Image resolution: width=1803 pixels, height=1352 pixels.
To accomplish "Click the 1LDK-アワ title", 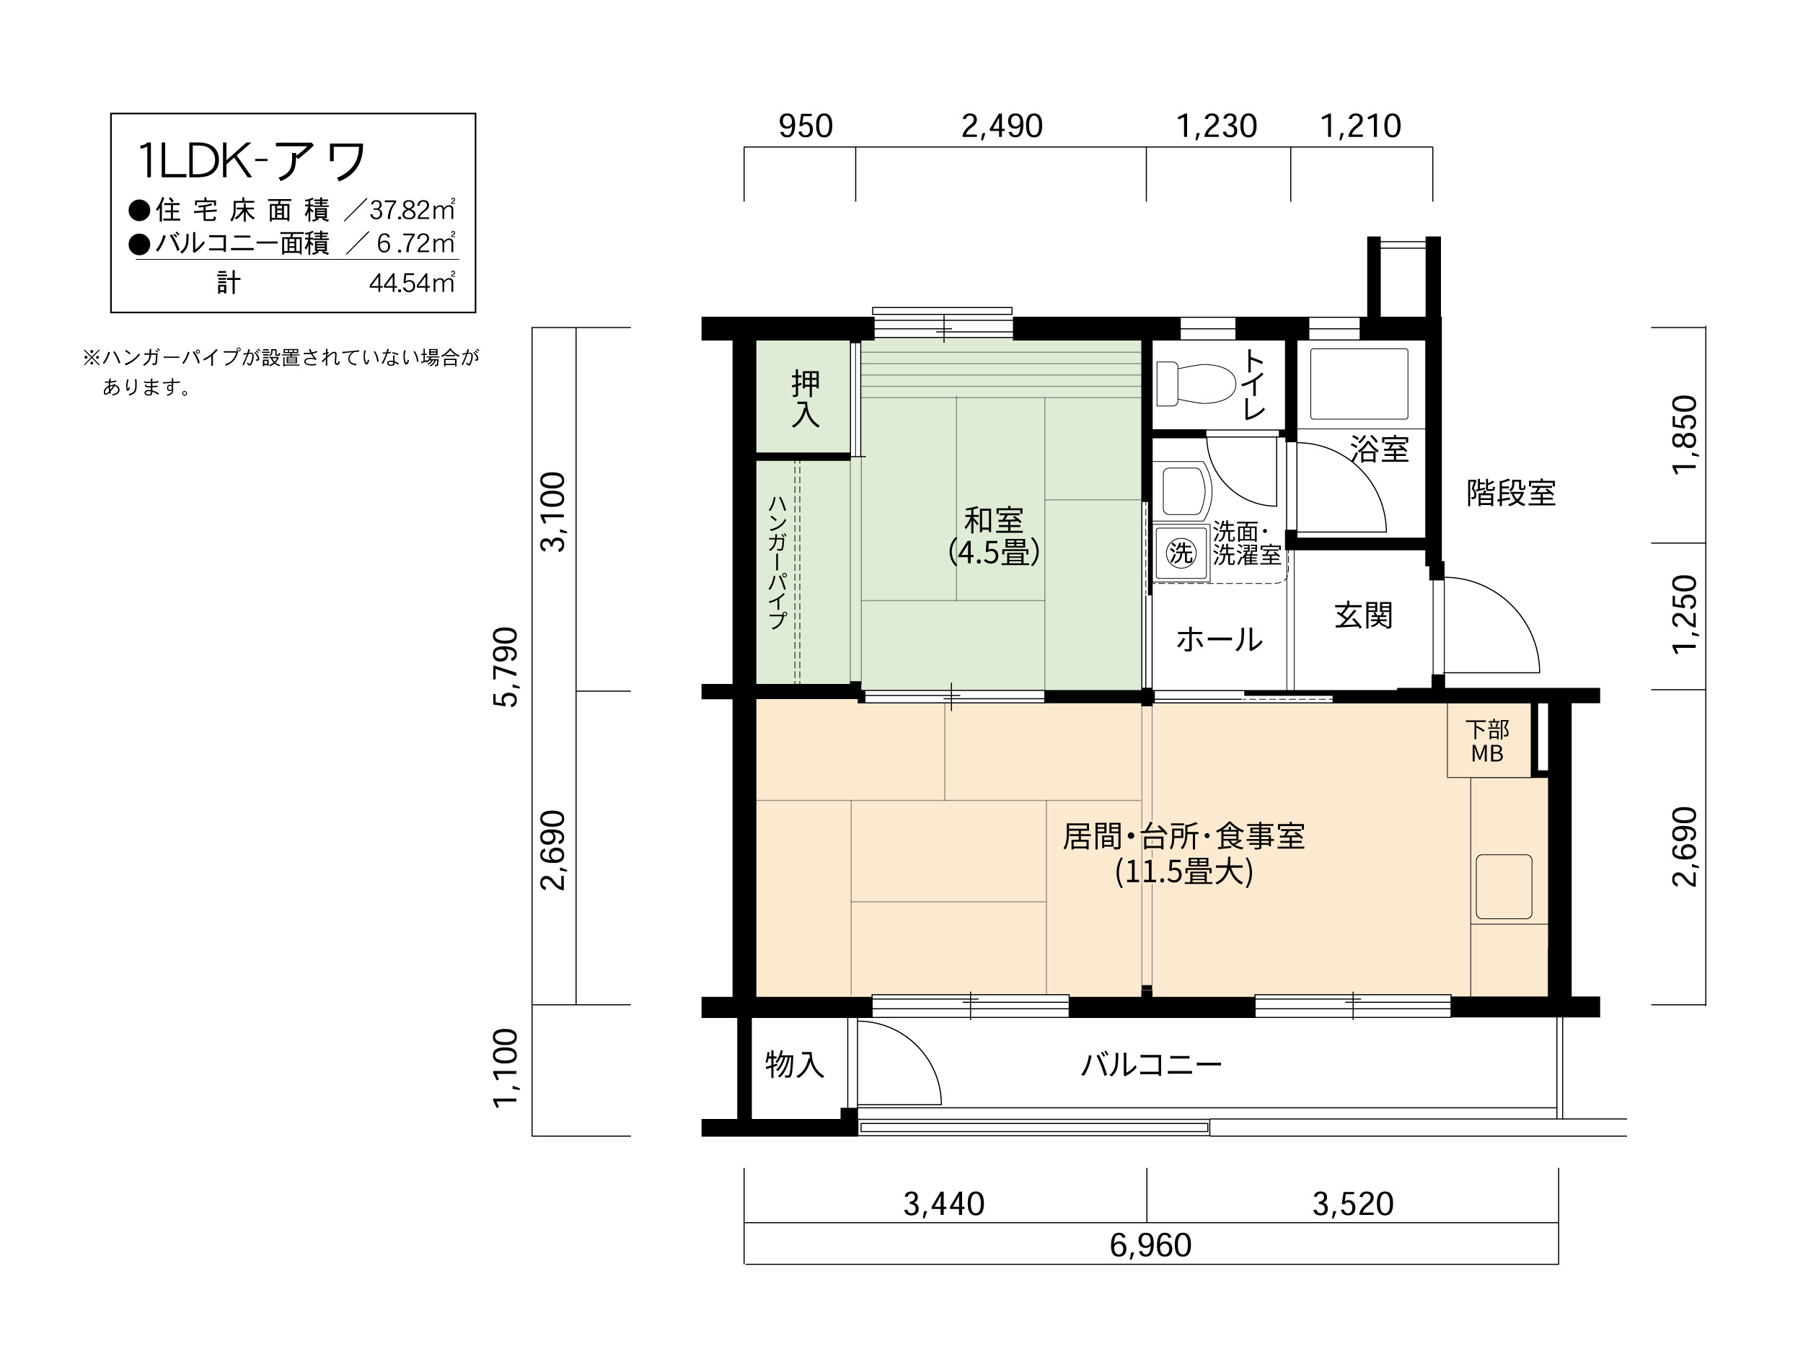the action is [x=252, y=161].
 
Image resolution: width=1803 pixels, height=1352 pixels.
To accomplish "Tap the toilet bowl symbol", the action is [x=1196, y=383].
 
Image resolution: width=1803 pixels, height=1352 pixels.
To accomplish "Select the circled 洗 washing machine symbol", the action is [x=1181, y=553].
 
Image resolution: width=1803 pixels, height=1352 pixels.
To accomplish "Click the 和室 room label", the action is [x=993, y=519].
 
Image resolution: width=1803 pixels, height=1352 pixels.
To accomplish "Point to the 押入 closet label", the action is [x=806, y=399].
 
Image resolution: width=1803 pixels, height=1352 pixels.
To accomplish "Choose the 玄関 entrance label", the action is [x=1363, y=615].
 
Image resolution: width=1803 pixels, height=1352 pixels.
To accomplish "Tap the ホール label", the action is [x=1220, y=639].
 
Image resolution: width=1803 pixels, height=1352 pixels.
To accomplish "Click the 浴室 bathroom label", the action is [x=1379, y=449].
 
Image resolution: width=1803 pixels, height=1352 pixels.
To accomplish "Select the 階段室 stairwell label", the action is [x=1511, y=493].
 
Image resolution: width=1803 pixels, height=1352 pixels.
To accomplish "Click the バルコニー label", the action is [x=1151, y=1065].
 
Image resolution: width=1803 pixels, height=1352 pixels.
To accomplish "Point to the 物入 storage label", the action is [x=794, y=1064].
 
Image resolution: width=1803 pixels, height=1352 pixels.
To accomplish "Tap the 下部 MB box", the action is [x=1488, y=741].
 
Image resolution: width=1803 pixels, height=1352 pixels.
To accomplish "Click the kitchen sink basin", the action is [x=1504, y=887].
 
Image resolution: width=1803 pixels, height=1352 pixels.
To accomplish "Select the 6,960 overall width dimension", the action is [x=1150, y=1245].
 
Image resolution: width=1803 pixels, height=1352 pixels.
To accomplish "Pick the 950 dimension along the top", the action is [x=806, y=126].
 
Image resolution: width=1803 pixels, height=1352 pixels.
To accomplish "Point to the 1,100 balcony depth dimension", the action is [x=506, y=1068].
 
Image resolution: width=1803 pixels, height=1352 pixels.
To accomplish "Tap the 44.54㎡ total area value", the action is [x=413, y=282].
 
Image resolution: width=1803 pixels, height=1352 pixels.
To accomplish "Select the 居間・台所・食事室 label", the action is [x=1183, y=837].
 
